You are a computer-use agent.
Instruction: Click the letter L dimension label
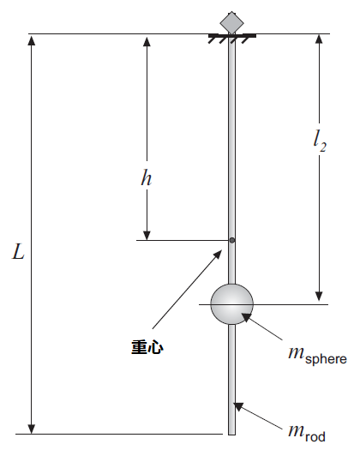click(x=18, y=251)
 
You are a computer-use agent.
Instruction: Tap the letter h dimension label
click(x=146, y=177)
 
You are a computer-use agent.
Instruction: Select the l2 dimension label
click(x=319, y=141)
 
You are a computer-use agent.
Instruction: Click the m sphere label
click(x=317, y=356)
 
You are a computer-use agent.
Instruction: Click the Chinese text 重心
click(x=147, y=347)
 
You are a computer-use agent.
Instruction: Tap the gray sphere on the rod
click(x=232, y=304)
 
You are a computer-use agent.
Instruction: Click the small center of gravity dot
click(x=232, y=240)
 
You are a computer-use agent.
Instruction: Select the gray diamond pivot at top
click(x=232, y=23)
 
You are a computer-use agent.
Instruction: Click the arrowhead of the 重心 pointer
click(x=219, y=253)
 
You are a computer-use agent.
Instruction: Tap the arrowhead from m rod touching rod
click(x=237, y=405)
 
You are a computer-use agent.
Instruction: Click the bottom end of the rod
click(x=232, y=435)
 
